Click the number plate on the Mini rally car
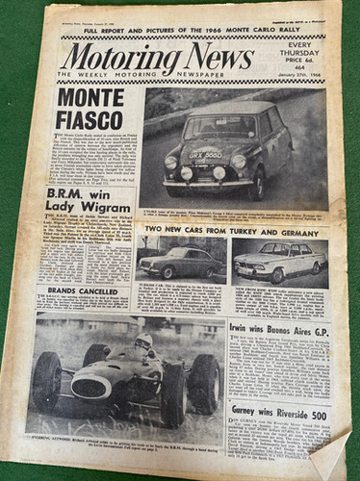(205, 152)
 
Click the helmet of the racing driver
(143, 342)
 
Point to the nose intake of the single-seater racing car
(90, 386)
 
